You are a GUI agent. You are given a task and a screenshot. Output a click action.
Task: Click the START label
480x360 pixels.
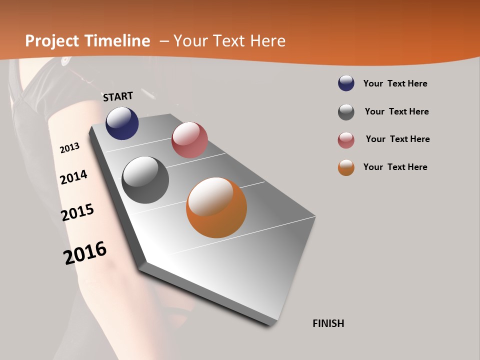[x=118, y=96]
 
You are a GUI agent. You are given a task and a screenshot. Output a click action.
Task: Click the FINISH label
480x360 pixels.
[x=328, y=323]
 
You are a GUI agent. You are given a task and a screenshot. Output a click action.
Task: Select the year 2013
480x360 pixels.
[x=69, y=148]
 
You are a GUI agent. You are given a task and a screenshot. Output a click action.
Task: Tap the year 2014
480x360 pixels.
[x=73, y=177]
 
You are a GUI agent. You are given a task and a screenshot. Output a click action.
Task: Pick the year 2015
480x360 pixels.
[x=77, y=212]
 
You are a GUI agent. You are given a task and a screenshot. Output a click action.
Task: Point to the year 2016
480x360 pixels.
[x=85, y=253]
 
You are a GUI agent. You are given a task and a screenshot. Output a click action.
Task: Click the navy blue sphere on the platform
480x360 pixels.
[x=122, y=123]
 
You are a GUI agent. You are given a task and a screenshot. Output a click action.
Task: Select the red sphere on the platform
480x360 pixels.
[x=189, y=140]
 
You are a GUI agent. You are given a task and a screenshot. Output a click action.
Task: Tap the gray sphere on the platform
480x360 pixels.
[x=145, y=180]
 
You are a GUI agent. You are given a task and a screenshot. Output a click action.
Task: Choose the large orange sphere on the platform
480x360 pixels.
[x=216, y=207]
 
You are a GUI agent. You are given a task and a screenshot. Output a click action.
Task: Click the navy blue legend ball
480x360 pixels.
[x=346, y=83]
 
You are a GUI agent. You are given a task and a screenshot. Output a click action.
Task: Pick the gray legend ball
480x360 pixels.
[x=346, y=112]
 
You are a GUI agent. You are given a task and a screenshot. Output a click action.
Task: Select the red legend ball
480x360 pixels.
[x=346, y=140]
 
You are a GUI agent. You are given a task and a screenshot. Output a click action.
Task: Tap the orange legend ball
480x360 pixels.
[x=346, y=167]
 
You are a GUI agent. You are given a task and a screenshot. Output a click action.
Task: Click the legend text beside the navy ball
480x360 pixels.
[x=395, y=83]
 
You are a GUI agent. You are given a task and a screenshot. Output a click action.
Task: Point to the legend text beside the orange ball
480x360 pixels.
[x=395, y=167]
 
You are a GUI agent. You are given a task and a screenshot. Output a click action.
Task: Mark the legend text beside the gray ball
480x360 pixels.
[x=396, y=111]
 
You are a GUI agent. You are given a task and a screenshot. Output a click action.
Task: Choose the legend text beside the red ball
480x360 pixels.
[x=397, y=139]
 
